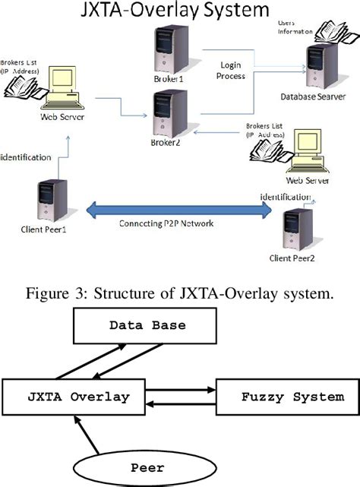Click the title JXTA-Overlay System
[x=180, y=11]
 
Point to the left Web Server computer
[x=63, y=88]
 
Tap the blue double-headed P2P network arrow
[x=181, y=210]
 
